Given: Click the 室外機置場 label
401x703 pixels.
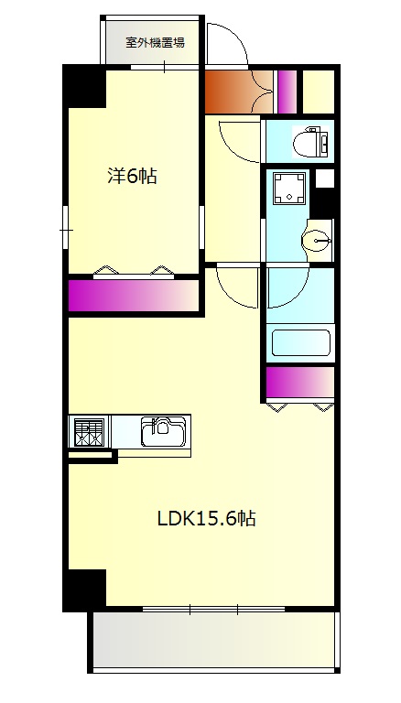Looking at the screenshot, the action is coord(156,43).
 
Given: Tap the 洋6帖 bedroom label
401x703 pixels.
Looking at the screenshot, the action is coord(133,176).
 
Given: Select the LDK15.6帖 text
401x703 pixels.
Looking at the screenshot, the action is coord(206,519).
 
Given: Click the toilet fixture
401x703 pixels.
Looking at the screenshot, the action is coord(310,142).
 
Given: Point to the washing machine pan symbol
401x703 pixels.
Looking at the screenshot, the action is coord(289,188).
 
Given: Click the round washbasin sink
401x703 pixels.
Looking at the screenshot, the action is coord(316,243).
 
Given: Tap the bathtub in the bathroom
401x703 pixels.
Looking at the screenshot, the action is coord(301,343).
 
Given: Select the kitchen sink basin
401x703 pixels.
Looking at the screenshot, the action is coord(163,432).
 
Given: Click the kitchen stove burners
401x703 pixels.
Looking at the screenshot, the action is coord(89,432).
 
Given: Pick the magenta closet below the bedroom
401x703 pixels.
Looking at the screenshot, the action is coord(134,296).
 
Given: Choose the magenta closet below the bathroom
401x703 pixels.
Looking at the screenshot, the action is coord(300,382).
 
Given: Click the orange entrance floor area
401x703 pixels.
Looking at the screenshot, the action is coord(239,92).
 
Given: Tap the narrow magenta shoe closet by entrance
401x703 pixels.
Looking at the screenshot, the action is coord(287,92).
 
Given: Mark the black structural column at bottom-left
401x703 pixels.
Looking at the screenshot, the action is coord(84,589).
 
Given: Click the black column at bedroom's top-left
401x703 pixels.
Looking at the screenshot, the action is coord(84,86).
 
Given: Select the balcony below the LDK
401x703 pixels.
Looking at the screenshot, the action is coord(213,640).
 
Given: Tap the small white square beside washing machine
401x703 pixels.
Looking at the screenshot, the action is coord(325,178).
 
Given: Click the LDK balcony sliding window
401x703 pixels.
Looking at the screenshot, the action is coord(213,609).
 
